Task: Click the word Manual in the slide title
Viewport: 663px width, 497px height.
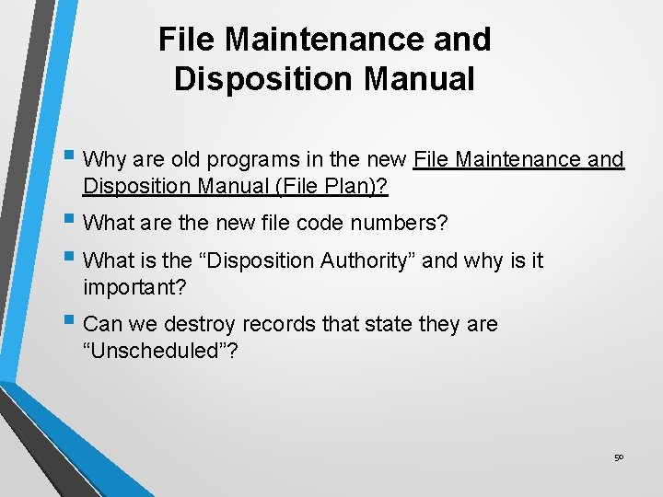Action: (x=419, y=79)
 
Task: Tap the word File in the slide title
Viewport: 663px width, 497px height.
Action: (x=188, y=40)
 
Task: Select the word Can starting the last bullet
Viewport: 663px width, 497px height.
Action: (x=100, y=324)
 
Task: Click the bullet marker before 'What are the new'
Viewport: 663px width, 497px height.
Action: (x=72, y=221)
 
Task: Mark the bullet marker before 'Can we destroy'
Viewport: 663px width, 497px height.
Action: (x=72, y=323)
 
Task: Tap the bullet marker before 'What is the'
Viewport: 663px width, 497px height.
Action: (x=72, y=260)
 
